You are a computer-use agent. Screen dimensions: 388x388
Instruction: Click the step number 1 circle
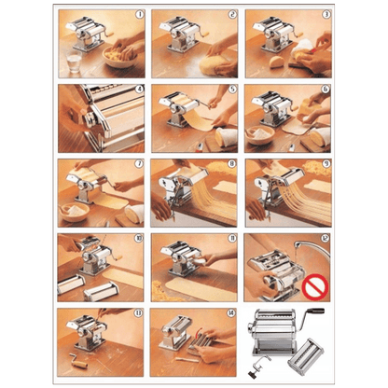tap(139, 16)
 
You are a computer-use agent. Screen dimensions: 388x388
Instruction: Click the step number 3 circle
tap(326, 16)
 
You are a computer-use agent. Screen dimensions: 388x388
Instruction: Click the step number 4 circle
tap(139, 90)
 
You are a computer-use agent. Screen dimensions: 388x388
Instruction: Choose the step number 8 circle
tap(232, 165)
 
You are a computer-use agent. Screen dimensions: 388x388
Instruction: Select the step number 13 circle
tap(139, 314)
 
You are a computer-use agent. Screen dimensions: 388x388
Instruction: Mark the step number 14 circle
tap(232, 314)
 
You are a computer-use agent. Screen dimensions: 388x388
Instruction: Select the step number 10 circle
tap(139, 240)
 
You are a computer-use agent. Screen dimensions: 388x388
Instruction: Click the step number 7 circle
tap(139, 165)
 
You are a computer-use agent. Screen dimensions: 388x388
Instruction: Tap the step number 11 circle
tap(232, 240)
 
